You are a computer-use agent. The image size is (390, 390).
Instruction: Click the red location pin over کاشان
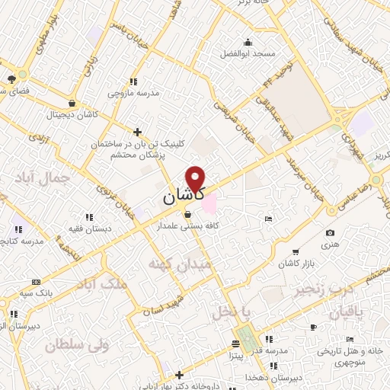(x=197, y=177)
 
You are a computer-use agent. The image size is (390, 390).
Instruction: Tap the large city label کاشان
(x=183, y=197)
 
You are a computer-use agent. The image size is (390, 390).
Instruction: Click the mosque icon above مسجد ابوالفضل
(x=247, y=42)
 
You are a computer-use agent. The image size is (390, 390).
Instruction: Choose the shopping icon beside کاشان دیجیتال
(x=72, y=104)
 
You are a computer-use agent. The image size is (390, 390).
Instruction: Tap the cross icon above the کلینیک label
(x=137, y=131)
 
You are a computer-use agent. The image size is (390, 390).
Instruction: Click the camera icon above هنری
(x=330, y=233)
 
